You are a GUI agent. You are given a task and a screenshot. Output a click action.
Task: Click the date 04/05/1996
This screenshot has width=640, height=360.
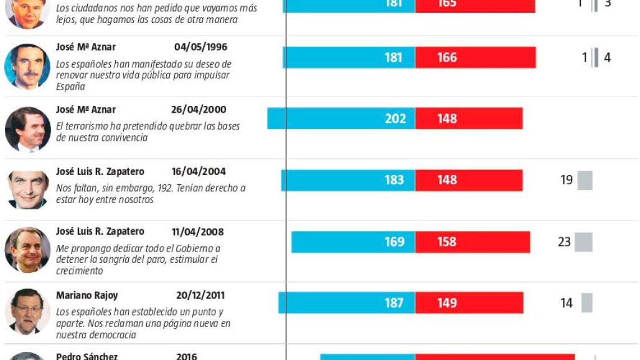200,47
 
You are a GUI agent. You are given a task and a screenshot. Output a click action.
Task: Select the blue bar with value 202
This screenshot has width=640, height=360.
341,118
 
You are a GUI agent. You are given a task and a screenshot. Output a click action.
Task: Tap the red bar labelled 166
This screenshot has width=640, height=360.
476,57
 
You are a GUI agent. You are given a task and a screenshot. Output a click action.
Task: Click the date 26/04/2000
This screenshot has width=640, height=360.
199,110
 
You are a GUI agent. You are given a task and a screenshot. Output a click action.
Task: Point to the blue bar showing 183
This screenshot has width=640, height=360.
348,180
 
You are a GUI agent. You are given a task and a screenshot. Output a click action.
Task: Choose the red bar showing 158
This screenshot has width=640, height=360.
473,242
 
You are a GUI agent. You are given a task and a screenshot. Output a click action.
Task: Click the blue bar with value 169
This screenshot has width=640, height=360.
353,242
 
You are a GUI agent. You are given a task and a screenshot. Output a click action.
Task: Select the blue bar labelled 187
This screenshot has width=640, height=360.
347,303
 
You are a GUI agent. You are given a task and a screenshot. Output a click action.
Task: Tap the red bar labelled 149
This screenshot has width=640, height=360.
469,303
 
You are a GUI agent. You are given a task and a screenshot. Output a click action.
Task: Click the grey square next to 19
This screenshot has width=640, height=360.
585,180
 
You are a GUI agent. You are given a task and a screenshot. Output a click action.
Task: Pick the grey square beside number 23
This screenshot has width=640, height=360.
583,242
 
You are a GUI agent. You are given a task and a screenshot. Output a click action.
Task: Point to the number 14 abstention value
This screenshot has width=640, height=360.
567,303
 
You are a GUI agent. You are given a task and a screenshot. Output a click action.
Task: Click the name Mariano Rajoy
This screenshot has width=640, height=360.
87,295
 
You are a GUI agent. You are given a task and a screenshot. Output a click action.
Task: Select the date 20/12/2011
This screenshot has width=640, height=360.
200,295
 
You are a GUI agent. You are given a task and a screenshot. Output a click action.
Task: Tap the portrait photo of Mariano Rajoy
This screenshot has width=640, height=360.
27,311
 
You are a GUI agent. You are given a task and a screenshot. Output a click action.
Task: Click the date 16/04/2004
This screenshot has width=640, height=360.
199,171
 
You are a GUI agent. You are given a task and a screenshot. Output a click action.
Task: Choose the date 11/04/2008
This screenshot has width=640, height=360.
197,232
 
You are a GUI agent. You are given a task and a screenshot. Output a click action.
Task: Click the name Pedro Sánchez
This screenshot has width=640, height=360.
87,357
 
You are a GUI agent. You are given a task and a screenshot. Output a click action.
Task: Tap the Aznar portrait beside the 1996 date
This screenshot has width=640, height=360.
27,66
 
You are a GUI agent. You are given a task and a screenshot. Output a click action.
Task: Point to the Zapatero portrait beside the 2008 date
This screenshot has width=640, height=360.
27,250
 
